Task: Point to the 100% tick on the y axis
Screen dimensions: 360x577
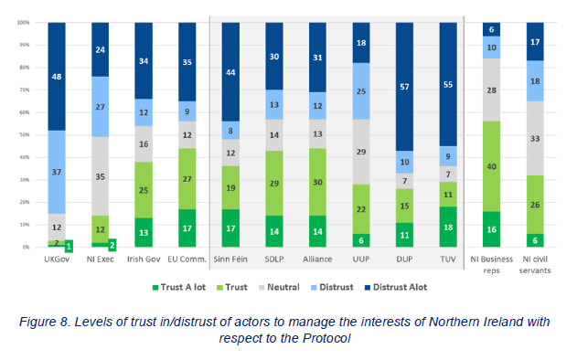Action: point(25,23)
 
